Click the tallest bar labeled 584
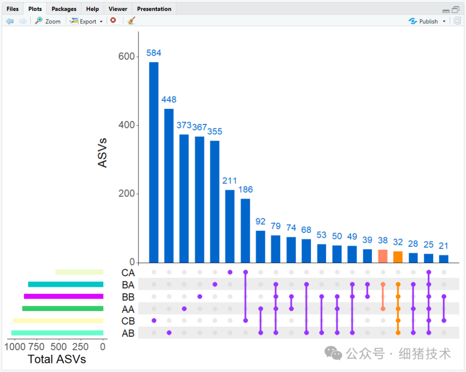(154, 162)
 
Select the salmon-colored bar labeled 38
(383, 256)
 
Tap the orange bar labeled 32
(398, 257)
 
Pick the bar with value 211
(230, 226)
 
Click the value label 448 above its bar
(169, 100)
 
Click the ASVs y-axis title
(102, 153)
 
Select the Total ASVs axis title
(57, 359)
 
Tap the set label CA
(128, 273)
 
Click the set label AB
(128, 333)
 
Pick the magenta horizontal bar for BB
(63, 296)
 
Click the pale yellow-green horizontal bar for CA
(79, 272)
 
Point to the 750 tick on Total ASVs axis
(37, 347)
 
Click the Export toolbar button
(87, 21)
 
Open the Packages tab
(64, 9)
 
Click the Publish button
(427, 21)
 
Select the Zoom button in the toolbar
(48, 21)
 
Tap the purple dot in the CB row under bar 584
(154, 321)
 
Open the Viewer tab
(118, 9)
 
